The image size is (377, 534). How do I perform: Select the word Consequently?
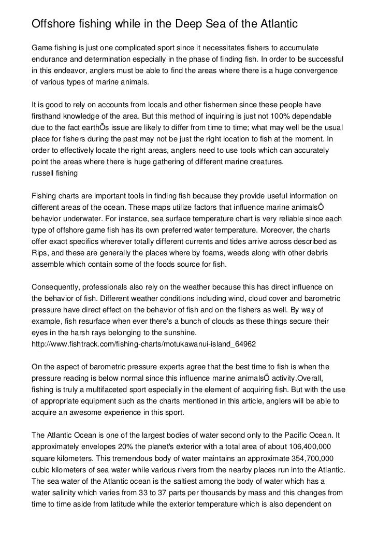pos(57,286)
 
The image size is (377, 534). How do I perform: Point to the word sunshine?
pos(186,331)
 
